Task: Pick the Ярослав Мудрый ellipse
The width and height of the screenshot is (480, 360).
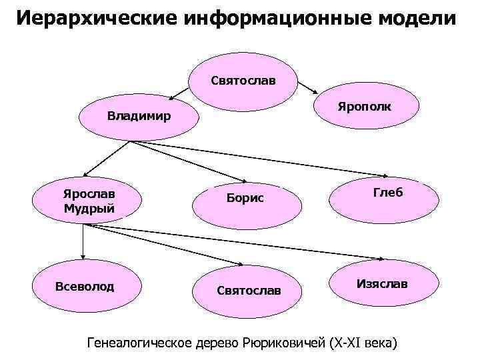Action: pos(89,201)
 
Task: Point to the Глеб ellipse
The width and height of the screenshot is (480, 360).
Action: pos(384,193)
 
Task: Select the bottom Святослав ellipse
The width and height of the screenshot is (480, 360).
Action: pos(249,291)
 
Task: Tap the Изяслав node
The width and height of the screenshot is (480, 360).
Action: pos(382,284)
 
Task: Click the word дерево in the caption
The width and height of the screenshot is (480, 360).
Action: pos(219,343)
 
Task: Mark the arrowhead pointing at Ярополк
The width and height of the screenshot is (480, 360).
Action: pos(316,91)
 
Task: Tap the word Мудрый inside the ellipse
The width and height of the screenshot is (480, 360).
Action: pos(89,209)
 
